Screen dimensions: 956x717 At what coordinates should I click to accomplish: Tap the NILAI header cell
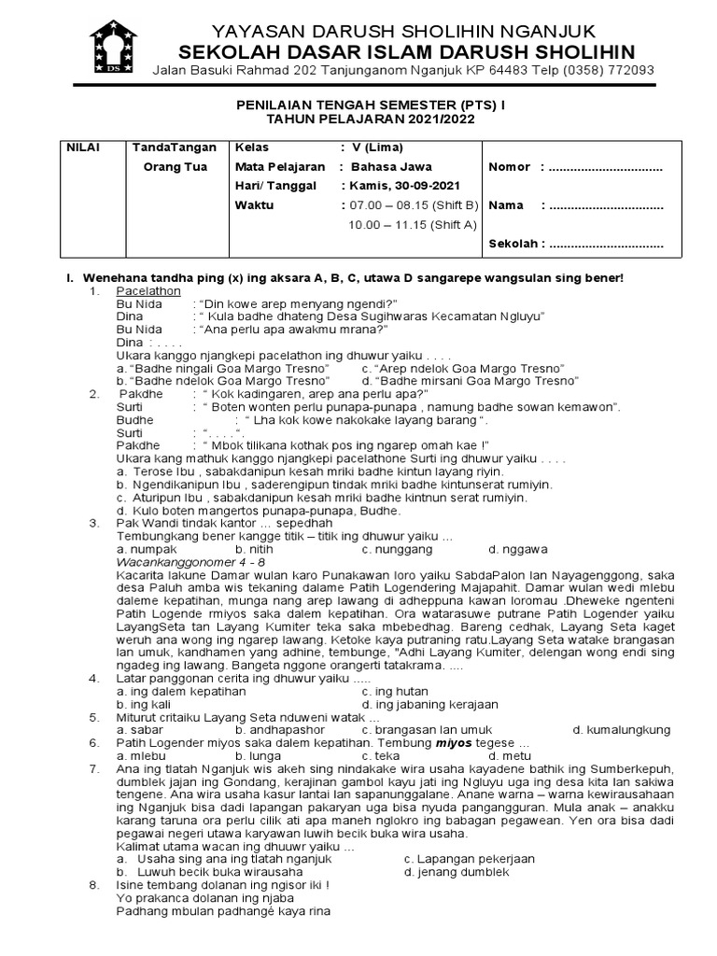point(82,148)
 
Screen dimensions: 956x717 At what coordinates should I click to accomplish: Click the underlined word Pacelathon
point(154,291)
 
